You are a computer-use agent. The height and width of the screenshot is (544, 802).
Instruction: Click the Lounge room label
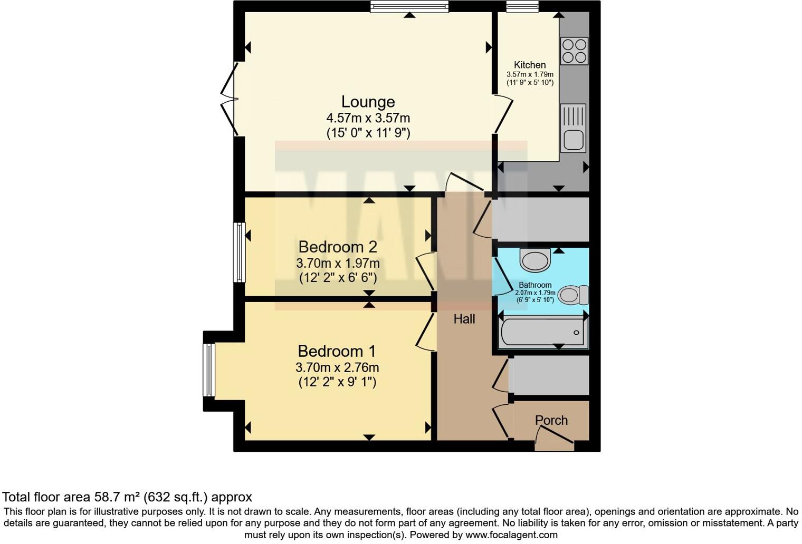coord(368,102)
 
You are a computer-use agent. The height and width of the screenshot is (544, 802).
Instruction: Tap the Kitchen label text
coord(530,65)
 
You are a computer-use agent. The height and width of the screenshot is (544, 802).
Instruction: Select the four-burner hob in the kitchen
coord(574,51)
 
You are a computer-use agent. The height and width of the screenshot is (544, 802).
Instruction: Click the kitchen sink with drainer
coord(573,128)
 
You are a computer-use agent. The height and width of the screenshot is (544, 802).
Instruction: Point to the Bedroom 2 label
coord(338,247)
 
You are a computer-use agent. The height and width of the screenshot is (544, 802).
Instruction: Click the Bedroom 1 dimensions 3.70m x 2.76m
coord(337,367)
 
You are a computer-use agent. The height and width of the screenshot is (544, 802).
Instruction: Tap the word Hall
coord(464,319)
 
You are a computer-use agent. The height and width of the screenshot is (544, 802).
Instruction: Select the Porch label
coord(551,420)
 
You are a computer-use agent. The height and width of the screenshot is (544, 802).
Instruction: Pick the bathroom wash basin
coord(535,260)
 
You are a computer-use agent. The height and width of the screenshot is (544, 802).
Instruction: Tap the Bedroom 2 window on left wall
coord(240,252)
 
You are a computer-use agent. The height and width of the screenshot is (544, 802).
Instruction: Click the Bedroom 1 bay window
coord(209,370)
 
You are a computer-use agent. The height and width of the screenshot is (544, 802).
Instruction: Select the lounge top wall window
coord(409,7)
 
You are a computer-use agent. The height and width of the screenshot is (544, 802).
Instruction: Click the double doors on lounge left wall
coord(228,99)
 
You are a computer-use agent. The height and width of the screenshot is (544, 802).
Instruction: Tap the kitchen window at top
coord(522,7)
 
